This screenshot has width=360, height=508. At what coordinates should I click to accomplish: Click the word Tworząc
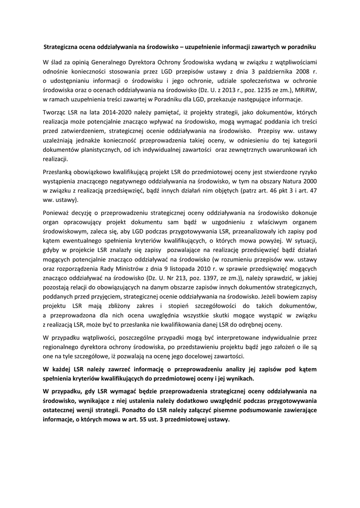(55, 113)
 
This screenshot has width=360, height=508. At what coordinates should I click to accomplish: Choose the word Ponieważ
(58, 212)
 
